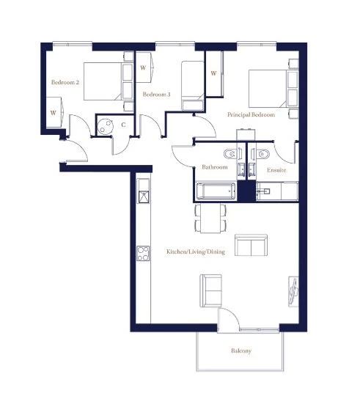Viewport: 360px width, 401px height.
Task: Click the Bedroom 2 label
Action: coord(65,82)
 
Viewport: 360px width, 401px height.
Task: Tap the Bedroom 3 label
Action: coord(156,95)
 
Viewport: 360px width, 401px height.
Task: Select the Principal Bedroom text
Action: coord(251,114)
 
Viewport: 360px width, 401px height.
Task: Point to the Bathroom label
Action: coord(215,167)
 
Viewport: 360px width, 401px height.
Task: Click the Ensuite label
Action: coord(276,170)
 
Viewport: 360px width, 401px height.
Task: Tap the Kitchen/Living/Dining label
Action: coord(196,251)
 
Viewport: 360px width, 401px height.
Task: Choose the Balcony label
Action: coord(241,350)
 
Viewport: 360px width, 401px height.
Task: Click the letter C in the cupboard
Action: coord(123,125)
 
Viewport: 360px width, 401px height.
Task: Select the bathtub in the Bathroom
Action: coord(216,191)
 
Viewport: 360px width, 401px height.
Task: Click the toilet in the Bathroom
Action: coord(230,154)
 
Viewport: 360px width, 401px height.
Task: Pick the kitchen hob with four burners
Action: coord(143,254)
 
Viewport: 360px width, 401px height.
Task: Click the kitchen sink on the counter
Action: coord(144,196)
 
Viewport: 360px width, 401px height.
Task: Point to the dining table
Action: coord(210,218)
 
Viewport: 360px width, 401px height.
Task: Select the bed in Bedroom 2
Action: coord(109,81)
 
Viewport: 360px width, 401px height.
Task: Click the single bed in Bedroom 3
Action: coord(193,86)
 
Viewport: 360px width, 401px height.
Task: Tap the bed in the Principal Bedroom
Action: coord(273,89)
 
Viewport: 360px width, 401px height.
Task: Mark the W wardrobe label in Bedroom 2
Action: coord(54,113)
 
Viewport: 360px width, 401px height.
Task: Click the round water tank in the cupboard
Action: coord(105,126)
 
